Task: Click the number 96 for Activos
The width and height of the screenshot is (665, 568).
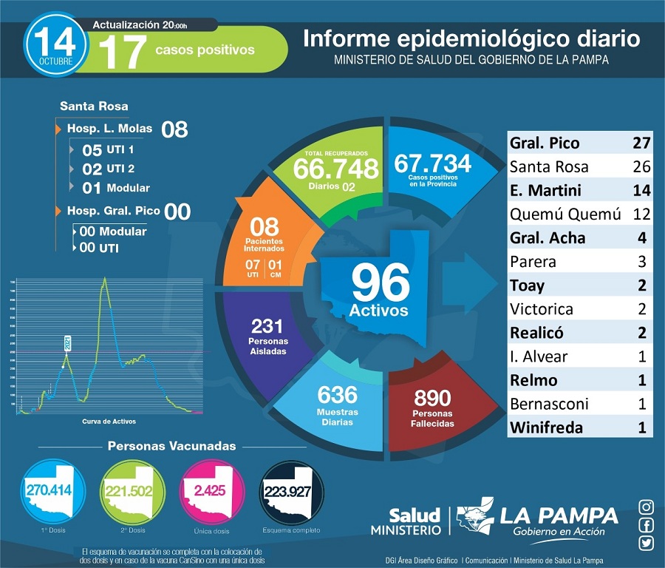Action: tap(380, 283)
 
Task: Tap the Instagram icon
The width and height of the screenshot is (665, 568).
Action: tap(647, 507)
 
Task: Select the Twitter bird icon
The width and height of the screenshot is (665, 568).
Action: tap(647, 544)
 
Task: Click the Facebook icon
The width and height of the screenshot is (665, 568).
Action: tap(647, 525)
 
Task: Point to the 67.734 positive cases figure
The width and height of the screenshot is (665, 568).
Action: tap(433, 163)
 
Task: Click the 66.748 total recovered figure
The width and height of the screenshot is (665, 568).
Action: tap(335, 168)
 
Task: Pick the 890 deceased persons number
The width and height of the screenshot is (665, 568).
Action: tap(432, 398)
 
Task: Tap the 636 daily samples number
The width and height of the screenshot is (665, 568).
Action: tap(337, 394)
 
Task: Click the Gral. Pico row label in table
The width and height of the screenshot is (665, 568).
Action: tap(545, 143)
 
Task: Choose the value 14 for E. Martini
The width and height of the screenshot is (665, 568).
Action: tap(641, 190)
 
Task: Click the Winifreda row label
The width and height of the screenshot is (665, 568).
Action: tap(546, 427)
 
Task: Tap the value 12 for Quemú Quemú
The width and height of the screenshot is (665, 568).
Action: tap(641, 214)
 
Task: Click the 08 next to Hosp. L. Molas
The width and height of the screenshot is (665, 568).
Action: tap(174, 130)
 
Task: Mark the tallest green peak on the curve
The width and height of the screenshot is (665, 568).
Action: tap(105, 278)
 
